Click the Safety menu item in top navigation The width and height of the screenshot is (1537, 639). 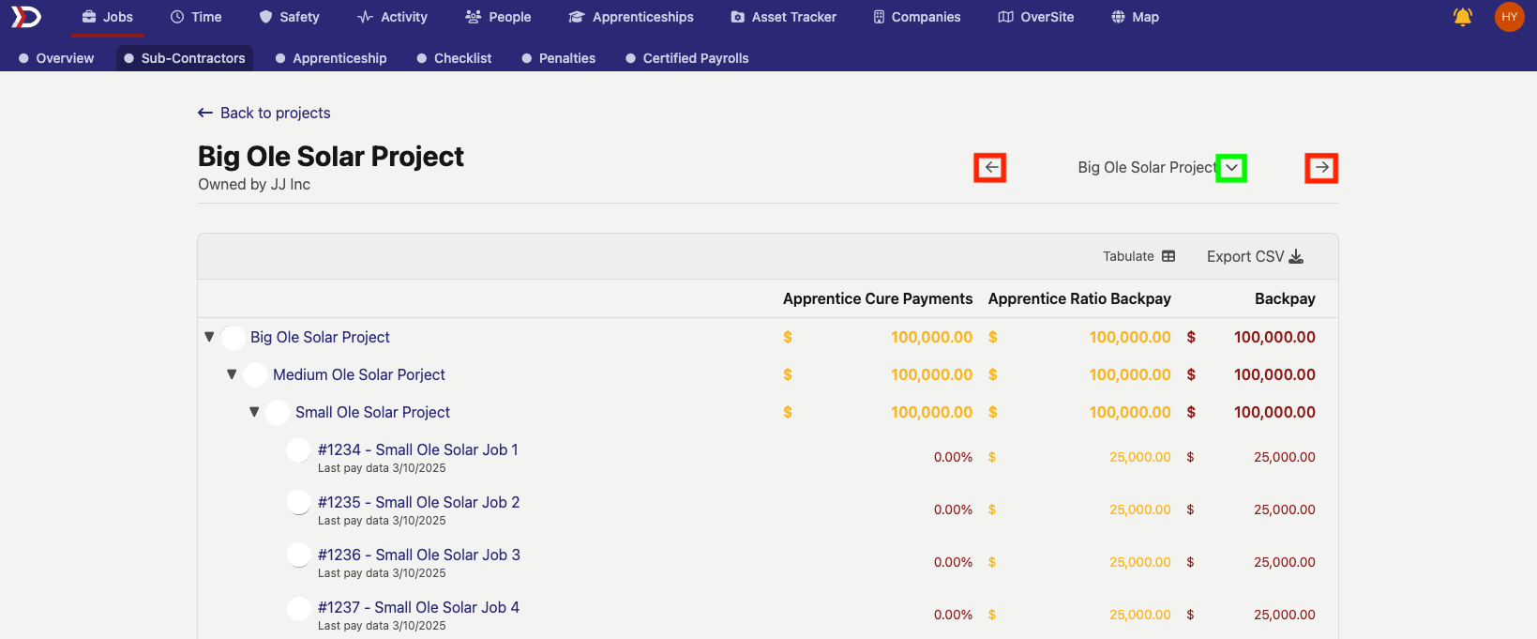pos(289,17)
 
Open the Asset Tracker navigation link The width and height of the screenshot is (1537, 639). pos(783,17)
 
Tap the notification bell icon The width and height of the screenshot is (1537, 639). pos(1462,17)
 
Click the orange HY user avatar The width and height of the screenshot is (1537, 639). pos(1509,17)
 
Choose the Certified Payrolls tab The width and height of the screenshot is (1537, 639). pos(686,58)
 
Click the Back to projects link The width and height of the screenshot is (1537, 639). pos(264,113)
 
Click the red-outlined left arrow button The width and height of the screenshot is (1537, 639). pos(990,168)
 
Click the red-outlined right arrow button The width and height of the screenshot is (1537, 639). pos(1321,168)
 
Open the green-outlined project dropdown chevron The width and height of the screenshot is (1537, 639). pos(1231,168)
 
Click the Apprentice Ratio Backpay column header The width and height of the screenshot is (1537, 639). pos(1079,298)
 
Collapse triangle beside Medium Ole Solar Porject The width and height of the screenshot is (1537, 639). pos(232,374)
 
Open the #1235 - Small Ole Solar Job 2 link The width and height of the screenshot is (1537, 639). pos(418,502)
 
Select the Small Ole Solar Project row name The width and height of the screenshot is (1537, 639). pos(372,412)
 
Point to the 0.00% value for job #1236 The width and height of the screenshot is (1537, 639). pos(953,562)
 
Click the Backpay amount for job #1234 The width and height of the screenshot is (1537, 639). pos(1284,457)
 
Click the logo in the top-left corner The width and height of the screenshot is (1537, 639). pos(26,17)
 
